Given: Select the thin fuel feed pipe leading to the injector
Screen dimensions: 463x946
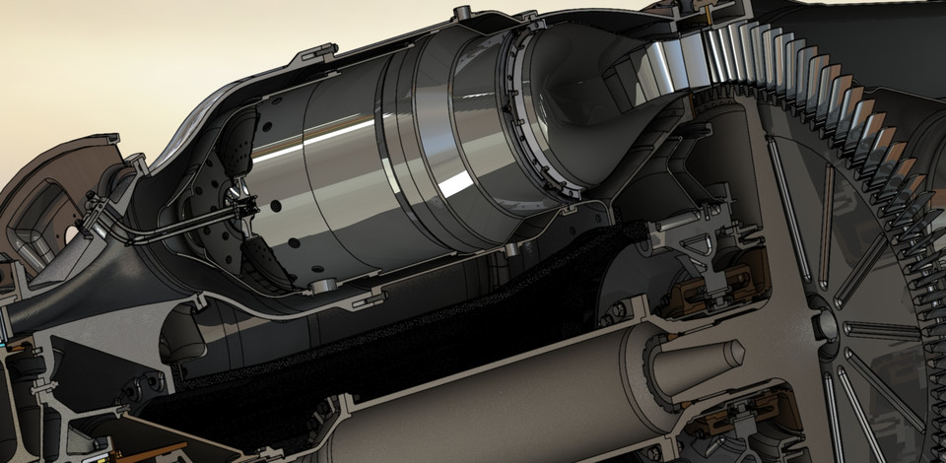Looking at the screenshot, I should click(168, 228).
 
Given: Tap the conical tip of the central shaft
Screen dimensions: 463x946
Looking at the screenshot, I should click(733, 354).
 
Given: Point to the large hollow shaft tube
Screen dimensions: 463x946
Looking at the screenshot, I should click(493, 394).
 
